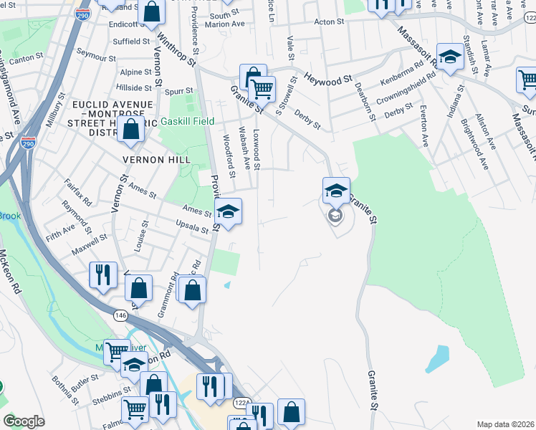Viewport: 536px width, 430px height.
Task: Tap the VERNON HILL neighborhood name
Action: (148, 159)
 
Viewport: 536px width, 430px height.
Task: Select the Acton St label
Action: (329, 22)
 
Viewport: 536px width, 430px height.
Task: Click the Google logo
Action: (24, 421)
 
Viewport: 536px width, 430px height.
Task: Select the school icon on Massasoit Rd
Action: (450, 58)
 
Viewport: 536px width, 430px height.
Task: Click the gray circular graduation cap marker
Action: (335, 215)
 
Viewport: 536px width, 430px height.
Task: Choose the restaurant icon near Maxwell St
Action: (102, 274)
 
